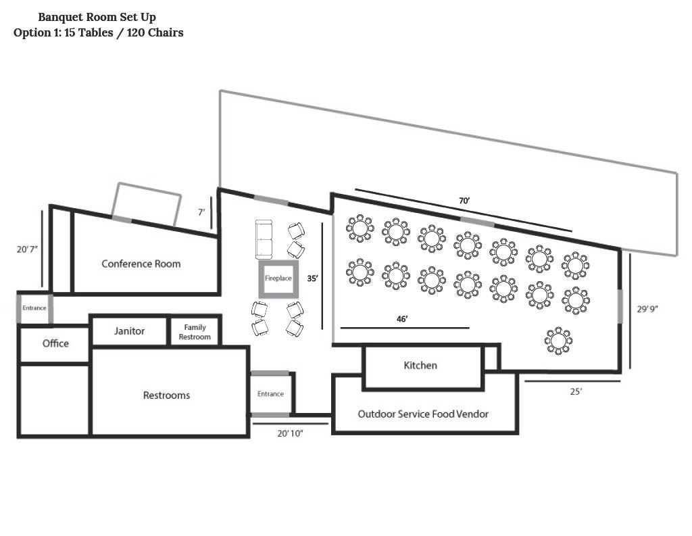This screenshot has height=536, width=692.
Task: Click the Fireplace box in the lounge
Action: pos(278,262)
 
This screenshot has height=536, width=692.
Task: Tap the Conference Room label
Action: pos(141,264)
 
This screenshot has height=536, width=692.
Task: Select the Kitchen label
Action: pos(420,365)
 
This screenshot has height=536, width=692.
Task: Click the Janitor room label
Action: pos(129,331)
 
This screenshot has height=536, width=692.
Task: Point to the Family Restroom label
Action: pos(195,332)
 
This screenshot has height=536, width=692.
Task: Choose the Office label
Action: pos(55,343)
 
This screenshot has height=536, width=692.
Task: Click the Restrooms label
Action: pos(166,395)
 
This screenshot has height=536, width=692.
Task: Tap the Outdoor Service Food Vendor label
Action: pos(423,414)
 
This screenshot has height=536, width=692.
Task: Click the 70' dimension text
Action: pos(464,201)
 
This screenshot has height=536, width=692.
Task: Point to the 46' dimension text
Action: pos(402,319)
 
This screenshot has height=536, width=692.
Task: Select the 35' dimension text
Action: pos(312,278)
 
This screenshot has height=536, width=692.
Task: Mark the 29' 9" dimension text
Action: pos(647,309)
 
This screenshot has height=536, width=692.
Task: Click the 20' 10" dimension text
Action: pos(290,433)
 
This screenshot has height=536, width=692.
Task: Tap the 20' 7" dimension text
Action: pos(27,249)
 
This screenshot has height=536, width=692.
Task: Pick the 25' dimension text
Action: pos(576,391)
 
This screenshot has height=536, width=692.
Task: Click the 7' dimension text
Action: pos(201,212)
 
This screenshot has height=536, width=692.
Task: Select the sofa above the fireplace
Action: pos(264,239)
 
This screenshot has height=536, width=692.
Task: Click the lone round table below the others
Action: pos(558,341)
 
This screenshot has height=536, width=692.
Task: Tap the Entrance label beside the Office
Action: pos(34,308)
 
